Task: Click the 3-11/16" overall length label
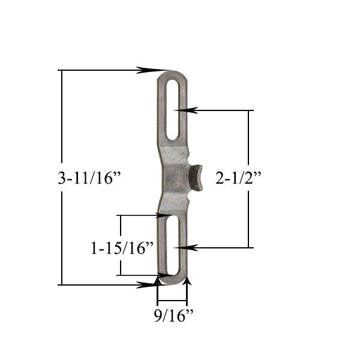(89, 179)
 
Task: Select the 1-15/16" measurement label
(122, 247)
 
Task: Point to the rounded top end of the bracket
(173, 74)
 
